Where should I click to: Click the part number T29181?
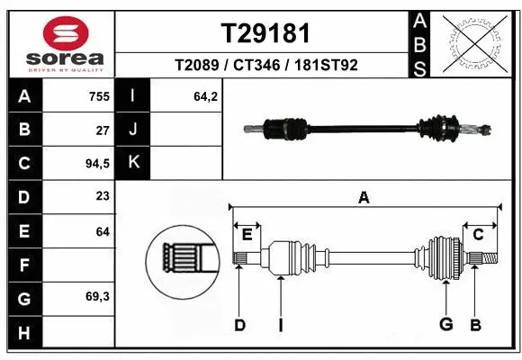265,33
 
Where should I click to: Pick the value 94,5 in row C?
95,164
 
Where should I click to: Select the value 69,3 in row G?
97,296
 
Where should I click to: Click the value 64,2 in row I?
207,96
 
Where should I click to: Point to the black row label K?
133,162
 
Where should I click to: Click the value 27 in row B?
103,130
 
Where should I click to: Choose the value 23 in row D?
102,196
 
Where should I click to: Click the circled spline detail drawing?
182,262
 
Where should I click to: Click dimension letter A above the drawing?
364,197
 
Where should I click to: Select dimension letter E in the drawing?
246,235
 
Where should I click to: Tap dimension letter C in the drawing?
479,235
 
